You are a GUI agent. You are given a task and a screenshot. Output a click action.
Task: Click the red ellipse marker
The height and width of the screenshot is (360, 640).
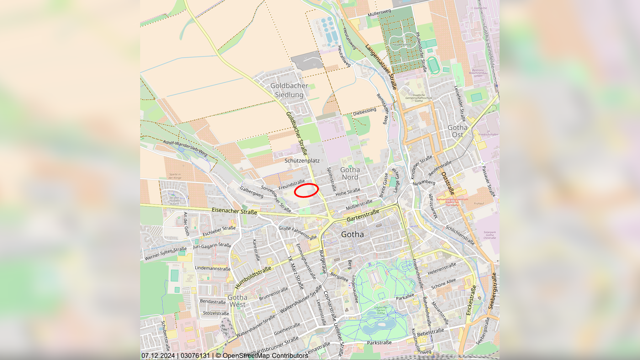306,190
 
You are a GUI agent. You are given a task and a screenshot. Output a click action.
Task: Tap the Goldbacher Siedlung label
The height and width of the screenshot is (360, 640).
289,90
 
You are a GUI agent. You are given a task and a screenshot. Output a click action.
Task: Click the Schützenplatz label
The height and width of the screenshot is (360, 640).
302,161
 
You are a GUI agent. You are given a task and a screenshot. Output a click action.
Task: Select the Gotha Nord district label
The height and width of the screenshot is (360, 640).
350,173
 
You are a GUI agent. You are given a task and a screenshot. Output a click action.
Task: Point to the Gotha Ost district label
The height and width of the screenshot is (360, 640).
458,131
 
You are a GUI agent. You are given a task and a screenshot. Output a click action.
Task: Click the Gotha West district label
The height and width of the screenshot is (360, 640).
237,301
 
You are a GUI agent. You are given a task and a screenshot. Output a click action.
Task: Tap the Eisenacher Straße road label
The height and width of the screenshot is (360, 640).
234,211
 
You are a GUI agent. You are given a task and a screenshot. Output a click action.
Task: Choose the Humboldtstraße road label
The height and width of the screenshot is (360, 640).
253,278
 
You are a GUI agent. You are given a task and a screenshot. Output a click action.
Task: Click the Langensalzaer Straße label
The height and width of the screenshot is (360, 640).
381,67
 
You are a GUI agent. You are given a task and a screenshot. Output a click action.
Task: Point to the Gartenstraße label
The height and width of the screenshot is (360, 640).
363,215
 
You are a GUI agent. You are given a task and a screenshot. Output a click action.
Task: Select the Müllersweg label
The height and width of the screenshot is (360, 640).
379,13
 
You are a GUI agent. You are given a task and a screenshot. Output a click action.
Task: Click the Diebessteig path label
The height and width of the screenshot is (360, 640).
364,112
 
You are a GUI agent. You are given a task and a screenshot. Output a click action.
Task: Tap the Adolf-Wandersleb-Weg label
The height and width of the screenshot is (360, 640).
185,148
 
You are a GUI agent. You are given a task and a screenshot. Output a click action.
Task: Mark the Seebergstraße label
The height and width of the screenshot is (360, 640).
492,291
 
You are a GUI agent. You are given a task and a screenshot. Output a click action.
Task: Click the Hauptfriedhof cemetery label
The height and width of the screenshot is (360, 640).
401,45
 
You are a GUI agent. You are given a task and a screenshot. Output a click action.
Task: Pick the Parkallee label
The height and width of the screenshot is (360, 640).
405,297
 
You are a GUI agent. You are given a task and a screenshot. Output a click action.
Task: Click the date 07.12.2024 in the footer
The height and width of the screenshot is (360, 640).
158,356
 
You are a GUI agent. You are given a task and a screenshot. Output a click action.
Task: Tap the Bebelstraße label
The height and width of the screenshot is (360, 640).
430,332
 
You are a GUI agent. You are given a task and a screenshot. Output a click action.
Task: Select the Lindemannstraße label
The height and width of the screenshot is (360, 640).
213,268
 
